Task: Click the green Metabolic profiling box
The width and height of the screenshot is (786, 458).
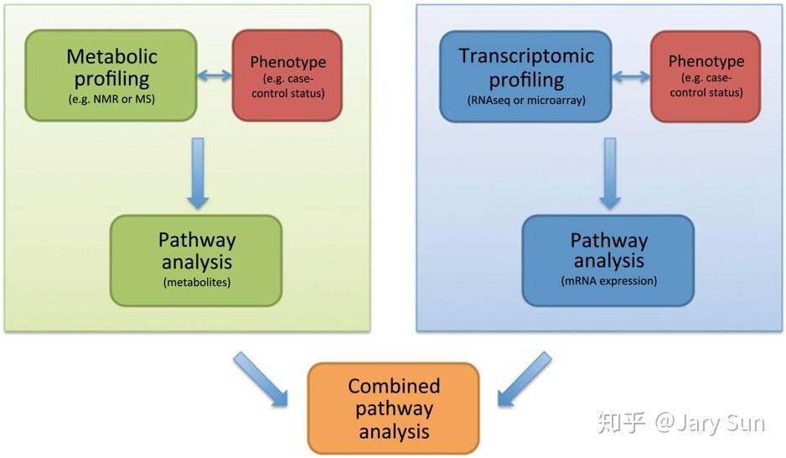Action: pyautogui.click(x=111, y=75)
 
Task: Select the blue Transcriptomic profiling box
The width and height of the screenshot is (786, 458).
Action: pyautogui.click(x=525, y=75)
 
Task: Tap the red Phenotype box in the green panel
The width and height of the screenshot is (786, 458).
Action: pyautogui.click(x=287, y=75)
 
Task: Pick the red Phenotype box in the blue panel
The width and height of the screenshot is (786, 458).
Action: pyautogui.click(x=706, y=75)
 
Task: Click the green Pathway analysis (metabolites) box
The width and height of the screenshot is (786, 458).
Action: pyautogui.click(x=196, y=259)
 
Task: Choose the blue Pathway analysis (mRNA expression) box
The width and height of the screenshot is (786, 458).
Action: pyautogui.click(x=608, y=260)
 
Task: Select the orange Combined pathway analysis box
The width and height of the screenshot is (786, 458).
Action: pyautogui.click(x=393, y=409)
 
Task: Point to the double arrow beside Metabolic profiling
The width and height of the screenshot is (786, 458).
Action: pyautogui.click(x=215, y=76)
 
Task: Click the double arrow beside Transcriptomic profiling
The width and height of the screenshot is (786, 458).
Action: pyautogui.click(x=631, y=76)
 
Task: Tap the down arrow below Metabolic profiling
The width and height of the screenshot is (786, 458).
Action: pyautogui.click(x=198, y=173)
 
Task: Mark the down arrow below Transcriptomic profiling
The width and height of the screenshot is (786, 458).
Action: pyautogui.click(x=609, y=173)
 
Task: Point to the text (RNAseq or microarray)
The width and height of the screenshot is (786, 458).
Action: pyautogui.click(x=525, y=101)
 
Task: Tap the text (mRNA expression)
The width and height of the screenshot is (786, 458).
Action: pyautogui.click(x=608, y=281)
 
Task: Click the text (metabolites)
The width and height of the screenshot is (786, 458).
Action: pyautogui.click(x=196, y=282)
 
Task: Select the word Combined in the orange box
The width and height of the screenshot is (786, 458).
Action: pyautogui.click(x=394, y=386)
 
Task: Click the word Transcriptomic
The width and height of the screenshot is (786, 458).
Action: pyautogui.click(x=525, y=56)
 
